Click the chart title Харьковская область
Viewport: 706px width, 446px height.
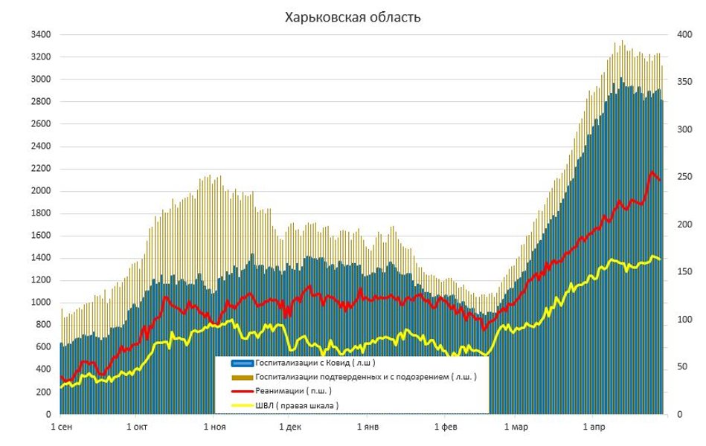(x=353, y=17)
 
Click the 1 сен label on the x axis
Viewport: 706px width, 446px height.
(x=61, y=427)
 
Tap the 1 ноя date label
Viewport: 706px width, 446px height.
(x=214, y=427)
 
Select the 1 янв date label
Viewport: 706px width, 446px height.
(x=367, y=427)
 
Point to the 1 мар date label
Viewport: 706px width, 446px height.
(x=516, y=427)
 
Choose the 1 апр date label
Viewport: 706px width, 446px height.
(x=594, y=427)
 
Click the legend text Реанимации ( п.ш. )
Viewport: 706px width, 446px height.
(x=294, y=391)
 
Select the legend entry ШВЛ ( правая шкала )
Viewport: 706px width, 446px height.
(x=297, y=405)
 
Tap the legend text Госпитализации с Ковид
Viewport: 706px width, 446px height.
(x=315, y=363)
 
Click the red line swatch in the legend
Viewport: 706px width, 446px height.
(x=241, y=391)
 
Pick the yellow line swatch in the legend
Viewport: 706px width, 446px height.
(x=241, y=405)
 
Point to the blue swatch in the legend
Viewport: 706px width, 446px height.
(x=241, y=363)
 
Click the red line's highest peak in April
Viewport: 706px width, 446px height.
(x=652, y=172)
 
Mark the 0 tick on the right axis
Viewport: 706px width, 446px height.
(x=680, y=414)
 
